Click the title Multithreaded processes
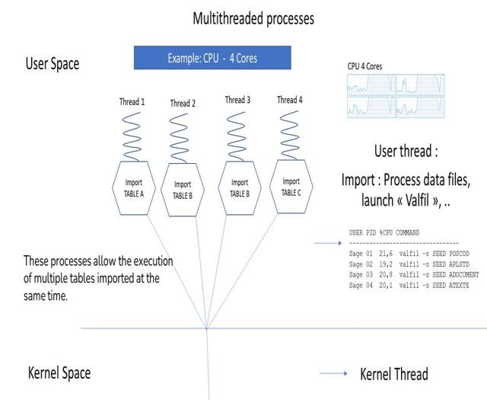[x=253, y=19]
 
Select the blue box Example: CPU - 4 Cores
[x=212, y=58]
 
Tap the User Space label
[x=53, y=63]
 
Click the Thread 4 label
[x=287, y=100]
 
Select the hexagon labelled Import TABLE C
[x=291, y=186]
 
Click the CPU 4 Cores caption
[x=364, y=67]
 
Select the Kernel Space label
[x=59, y=373]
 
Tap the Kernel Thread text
[x=393, y=374]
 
